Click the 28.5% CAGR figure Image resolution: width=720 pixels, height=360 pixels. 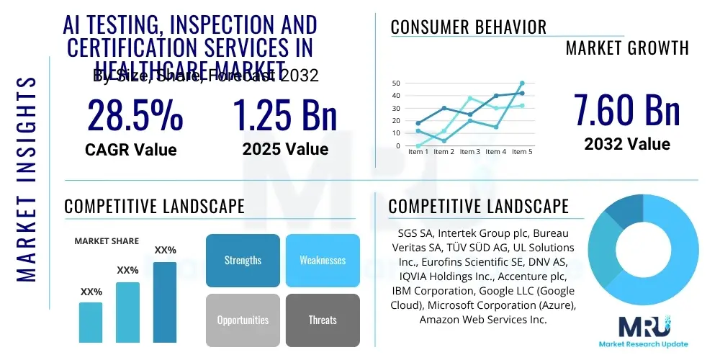pyautogui.click(x=135, y=115)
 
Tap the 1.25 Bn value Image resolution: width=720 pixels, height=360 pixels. pyautogui.click(x=285, y=115)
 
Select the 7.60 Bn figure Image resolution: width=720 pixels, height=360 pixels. pyautogui.click(x=626, y=109)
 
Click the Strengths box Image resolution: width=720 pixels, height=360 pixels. pyautogui.click(x=243, y=260)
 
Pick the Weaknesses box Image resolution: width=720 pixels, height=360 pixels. pyautogui.click(x=323, y=260)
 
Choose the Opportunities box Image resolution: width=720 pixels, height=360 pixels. pyautogui.click(x=243, y=320)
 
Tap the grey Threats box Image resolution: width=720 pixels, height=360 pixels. pyautogui.click(x=323, y=320)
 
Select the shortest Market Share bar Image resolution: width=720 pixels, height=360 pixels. pyautogui.click(x=91, y=322)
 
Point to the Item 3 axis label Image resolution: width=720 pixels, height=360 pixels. pyautogui.click(x=469, y=152)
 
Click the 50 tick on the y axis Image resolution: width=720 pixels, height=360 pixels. pyautogui.click(x=396, y=84)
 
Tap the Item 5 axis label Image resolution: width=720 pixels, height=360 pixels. pyautogui.click(x=521, y=152)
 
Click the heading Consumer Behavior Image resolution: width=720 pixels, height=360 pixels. pyautogui.click(x=469, y=27)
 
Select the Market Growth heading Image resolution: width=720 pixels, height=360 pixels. pyautogui.click(x=627, y=48)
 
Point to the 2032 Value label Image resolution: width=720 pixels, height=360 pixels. pyautogui.click(x=626, y=144)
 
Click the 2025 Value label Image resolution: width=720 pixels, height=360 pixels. pyautogui.click(x=285, y=149)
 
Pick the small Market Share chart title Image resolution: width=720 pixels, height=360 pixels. pyautogui.click(x=107, y=241)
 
